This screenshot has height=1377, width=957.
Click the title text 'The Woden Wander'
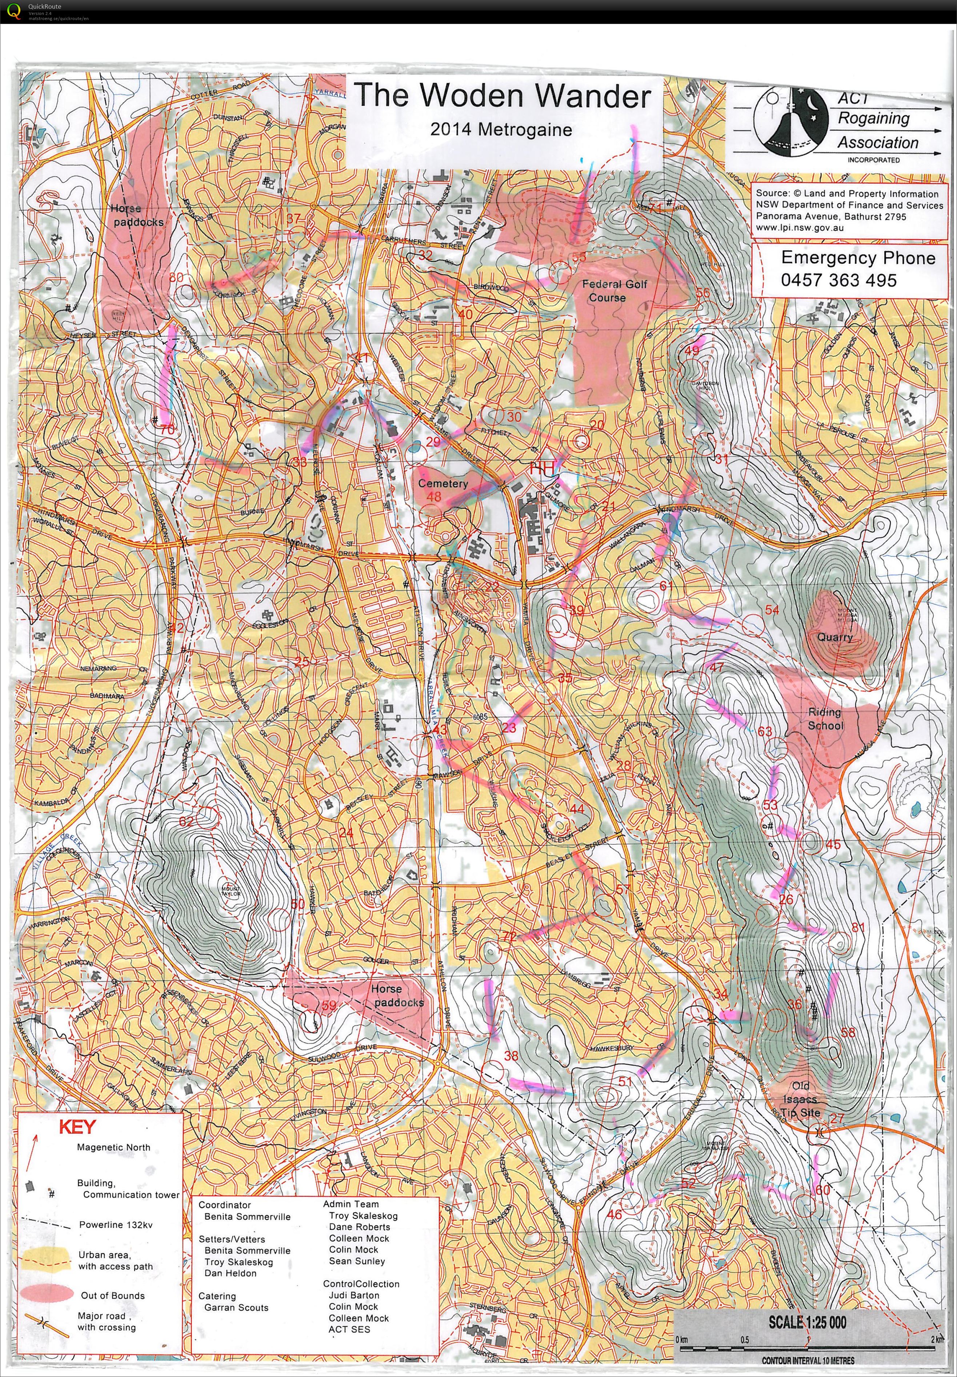tap(502, 96)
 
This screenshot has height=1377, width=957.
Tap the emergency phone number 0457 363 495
tap(838, 280)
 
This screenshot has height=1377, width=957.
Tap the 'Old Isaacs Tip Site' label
tap(801, 1100)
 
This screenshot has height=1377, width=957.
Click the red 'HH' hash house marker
tap(541, 469)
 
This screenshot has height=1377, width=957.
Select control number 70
tap(167, 430)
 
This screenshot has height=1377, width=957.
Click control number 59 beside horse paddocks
tap(329, 1005)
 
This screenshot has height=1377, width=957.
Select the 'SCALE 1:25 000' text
tap(807, 1322)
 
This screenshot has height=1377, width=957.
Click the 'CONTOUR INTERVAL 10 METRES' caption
tap(808, 1360)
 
